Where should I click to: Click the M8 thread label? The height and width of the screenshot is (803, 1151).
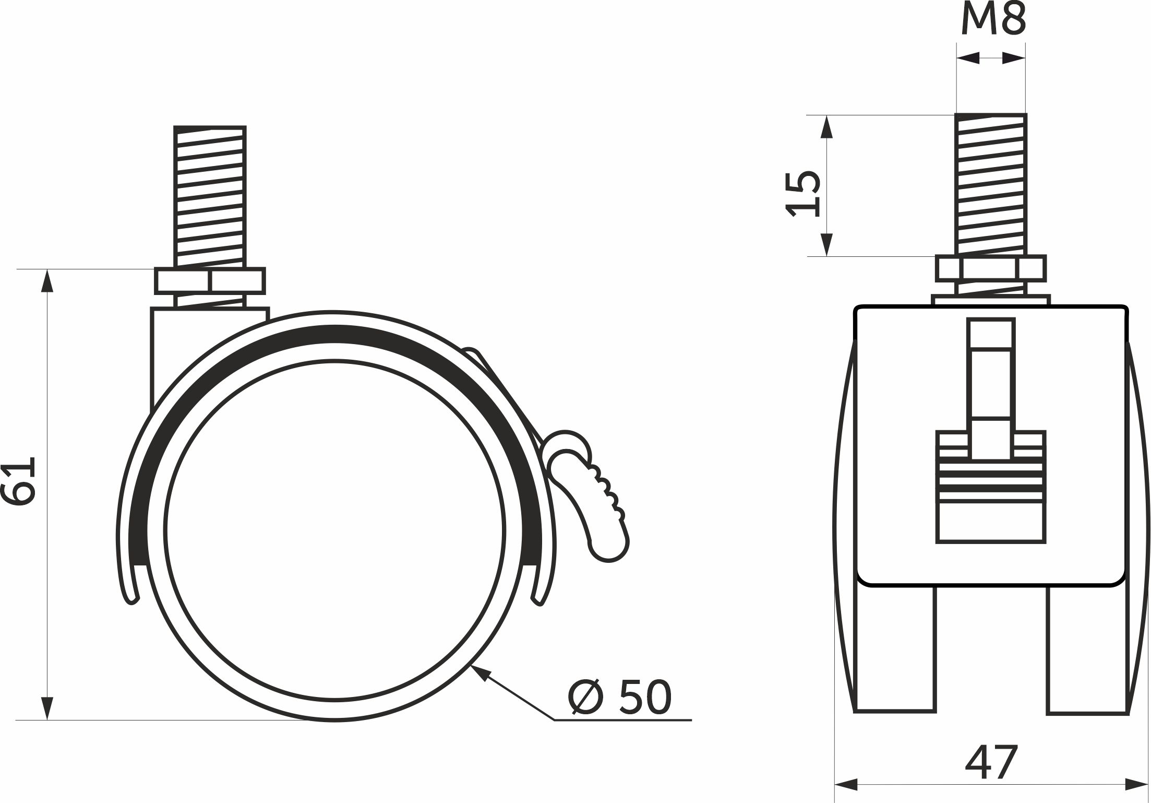pos(993,18)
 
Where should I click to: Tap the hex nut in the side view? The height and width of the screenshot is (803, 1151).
pos(210,281)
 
